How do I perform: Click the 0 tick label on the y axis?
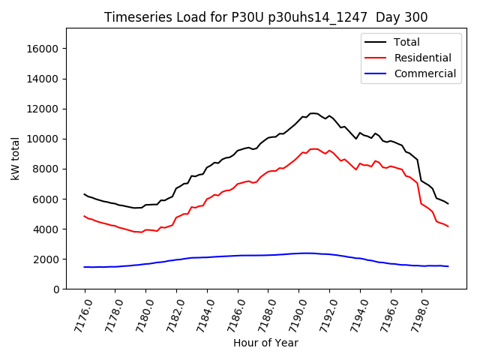tap(56, 289)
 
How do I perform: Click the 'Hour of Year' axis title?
tap(265, 343)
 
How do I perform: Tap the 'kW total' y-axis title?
tap(15, 158)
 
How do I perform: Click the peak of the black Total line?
tap(312, 113)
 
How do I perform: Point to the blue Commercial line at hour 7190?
tap(298, 253)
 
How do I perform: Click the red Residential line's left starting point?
tap(85, 216)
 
